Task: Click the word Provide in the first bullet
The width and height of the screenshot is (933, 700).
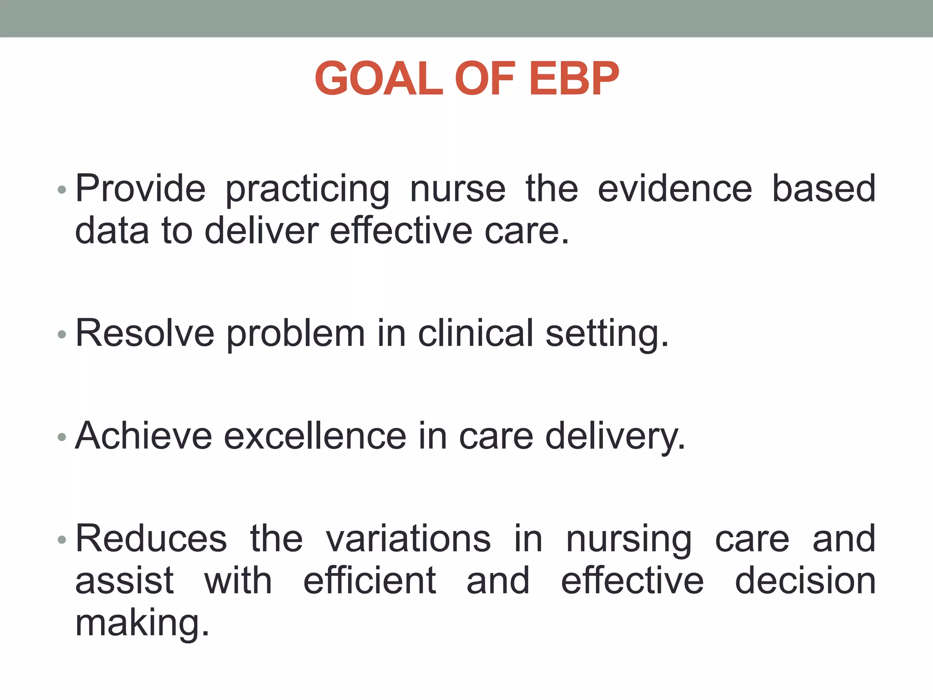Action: (140, 189)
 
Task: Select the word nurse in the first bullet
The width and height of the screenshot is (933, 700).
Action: (457, 189)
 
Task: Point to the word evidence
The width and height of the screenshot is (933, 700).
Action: (675, 189)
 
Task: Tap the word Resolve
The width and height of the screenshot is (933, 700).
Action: (145, 334)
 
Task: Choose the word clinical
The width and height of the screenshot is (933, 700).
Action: (476, 334)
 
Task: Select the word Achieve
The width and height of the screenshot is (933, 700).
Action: (144, 436)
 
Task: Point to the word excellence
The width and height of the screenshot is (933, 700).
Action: (315, 436)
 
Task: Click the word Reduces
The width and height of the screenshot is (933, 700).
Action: (151, 539)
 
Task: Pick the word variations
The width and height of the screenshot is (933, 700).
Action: (408, 539)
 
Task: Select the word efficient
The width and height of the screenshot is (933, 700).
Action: (369, 581)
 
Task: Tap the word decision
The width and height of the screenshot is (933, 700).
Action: (805, 581)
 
